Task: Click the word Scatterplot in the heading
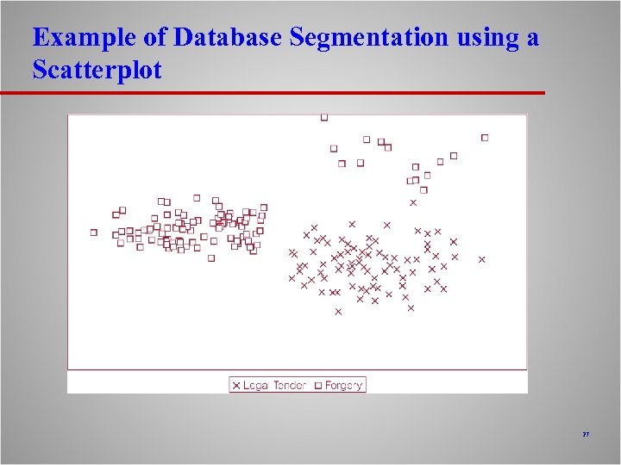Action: click(97, 70)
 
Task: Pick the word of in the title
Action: click(158, 38)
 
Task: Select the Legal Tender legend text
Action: click(275, 385)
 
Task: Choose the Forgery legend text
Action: click(343, 385)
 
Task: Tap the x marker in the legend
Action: click(236, 385)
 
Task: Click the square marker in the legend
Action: click(317, 385)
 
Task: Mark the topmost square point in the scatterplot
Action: click(324, 117)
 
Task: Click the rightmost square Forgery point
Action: click(485, 137)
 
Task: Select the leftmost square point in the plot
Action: click(94, 232)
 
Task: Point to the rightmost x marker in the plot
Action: click(482, 259)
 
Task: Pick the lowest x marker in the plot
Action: click(338, 312)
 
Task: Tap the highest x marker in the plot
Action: click(413, 203)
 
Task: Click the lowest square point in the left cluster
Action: click(211, 257)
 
